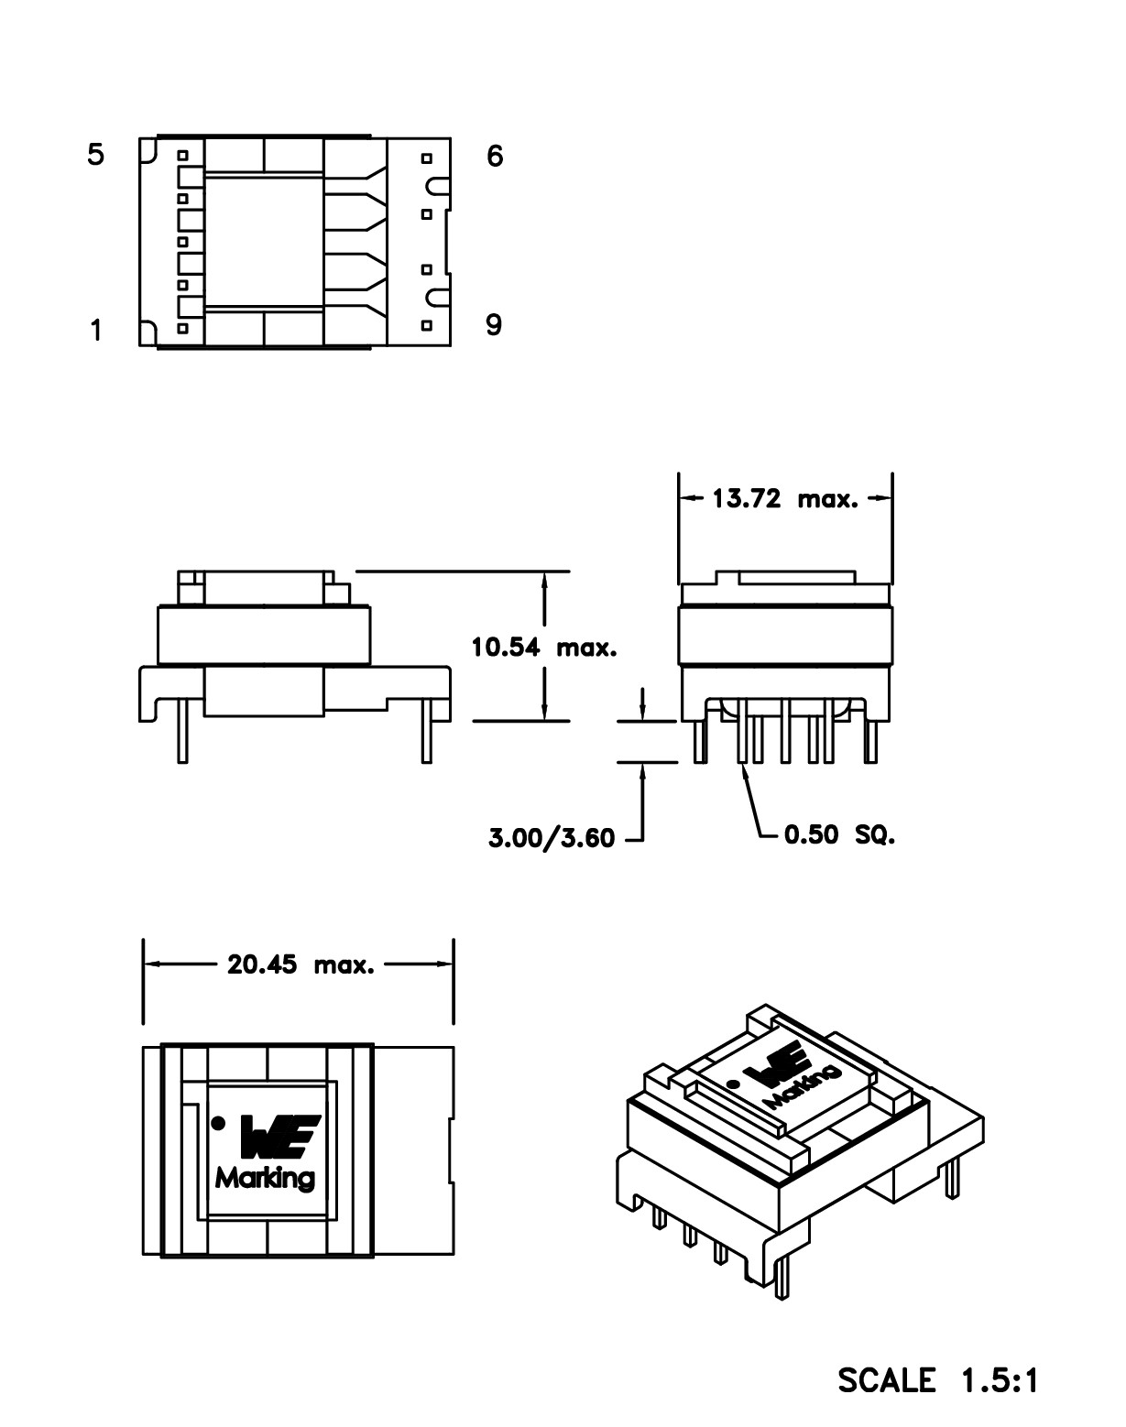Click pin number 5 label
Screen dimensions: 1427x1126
click(96, 155)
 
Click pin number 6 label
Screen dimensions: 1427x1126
click(495, 157)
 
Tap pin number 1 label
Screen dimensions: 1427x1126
click(96, 330)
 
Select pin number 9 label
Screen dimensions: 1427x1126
click(494, 325)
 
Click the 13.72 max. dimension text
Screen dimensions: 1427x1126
click(785, 499)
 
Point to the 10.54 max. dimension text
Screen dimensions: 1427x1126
click(544, 648)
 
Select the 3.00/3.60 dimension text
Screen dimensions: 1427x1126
click(551, 837)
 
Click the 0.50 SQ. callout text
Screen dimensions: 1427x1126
click(839, 835)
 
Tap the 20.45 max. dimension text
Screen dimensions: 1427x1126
click(301, 964)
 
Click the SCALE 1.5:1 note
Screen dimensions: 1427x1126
click(938, 1380)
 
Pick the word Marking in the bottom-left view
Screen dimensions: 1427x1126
click(265, 1178)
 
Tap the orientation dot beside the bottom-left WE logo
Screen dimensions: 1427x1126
click(218, 1122)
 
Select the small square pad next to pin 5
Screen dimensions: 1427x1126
click(183, 155)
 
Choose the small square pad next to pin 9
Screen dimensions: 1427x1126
click(426, 325)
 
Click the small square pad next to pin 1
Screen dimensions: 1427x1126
click(183, 327)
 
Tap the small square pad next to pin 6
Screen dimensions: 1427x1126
click(426, 158)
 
